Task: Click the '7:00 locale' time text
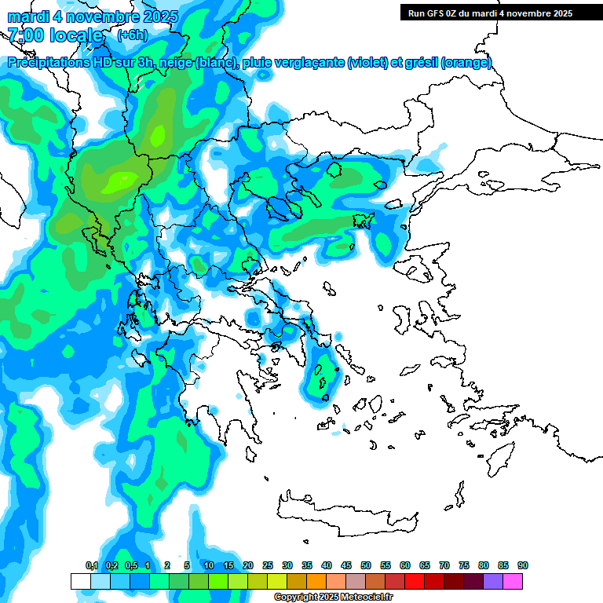[x=55, y=35]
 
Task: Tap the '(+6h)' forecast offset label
[x=132, y=35]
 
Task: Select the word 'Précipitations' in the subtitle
[x=46, y=63]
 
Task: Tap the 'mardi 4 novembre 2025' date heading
[x=93, y=16]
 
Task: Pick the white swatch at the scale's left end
[x=80, y=581]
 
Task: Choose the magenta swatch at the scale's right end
[x=513, y=581]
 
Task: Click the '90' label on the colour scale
[x=523, y=566]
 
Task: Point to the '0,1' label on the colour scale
[x=91, y=566]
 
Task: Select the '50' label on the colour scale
[x=366, y=566]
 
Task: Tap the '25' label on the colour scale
[x=268, y=566]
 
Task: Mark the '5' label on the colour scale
[x=187, y=566]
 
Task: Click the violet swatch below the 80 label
[x=493, y=581]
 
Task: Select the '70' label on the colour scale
[x=444, y=566]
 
